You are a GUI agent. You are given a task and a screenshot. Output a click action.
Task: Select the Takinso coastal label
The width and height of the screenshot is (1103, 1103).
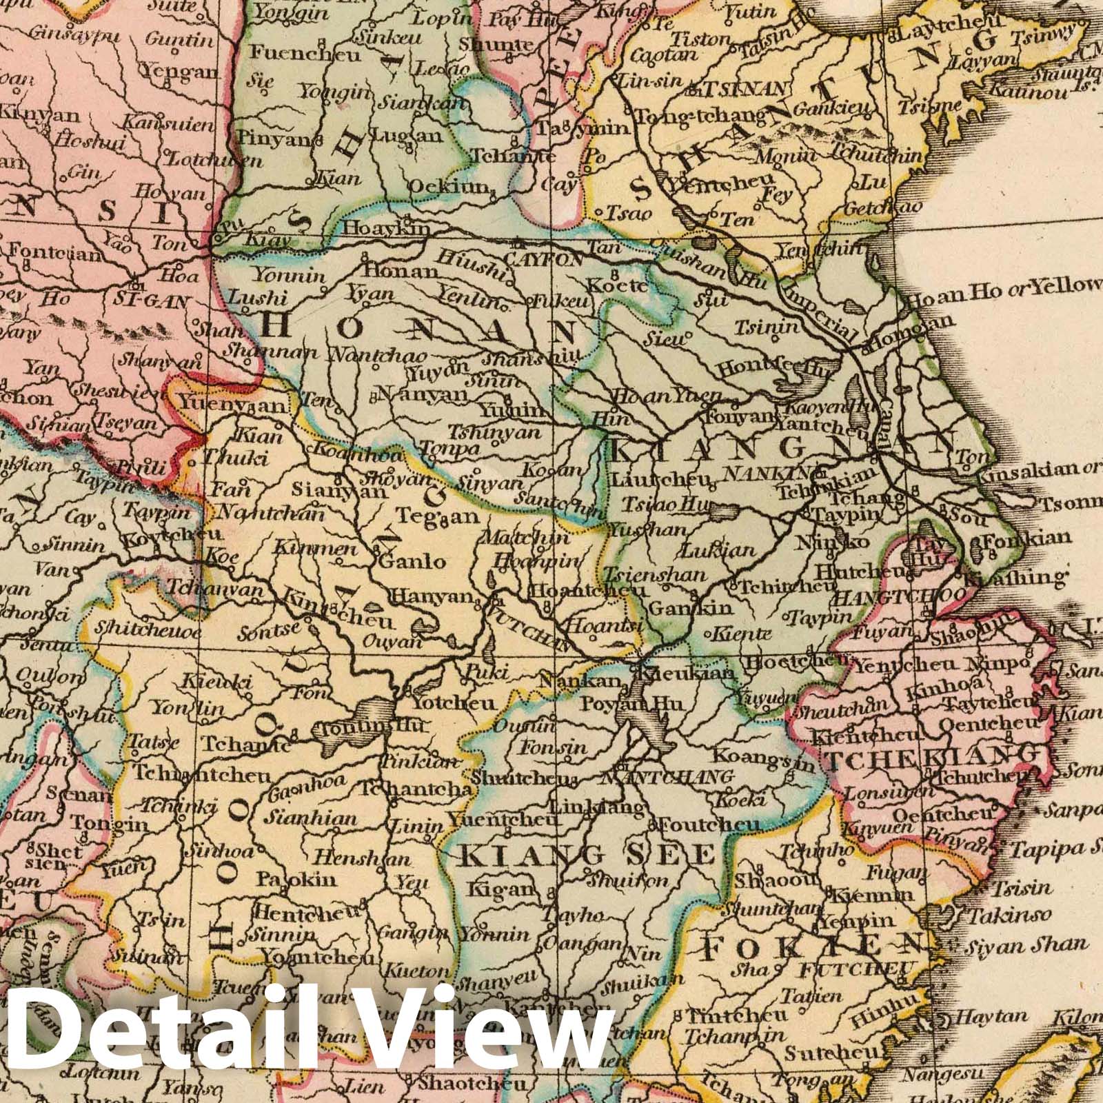pos(1010,915)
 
